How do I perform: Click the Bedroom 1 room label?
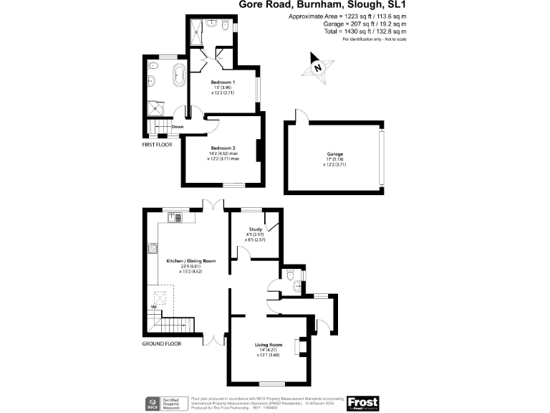pyautogui.click(x=223, y=82)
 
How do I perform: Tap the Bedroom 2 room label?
pyautogui.click(x=223, y=148)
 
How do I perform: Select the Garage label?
pyautogui.click(x=334, y=154)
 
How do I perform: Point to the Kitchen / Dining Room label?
pyautogui.click(x=190, y=260)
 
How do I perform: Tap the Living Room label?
pyautogui.click(x=269, y=345)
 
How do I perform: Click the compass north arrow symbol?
pyautogui.click(x=317, y=67)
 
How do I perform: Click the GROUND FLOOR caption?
pyautogui.click(x=162, y=343)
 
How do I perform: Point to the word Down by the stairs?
pyautogui.click(x=177, y=127)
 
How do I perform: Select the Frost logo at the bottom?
pyautogui.click(x=362, y=403)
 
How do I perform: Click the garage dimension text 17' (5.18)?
pyautogui.click(x=334, y=159)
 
